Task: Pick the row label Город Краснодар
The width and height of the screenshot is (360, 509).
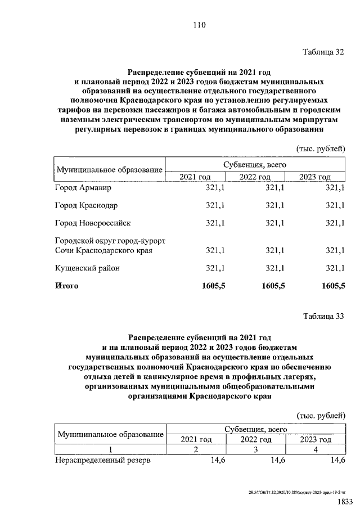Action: click(x=86, y=205)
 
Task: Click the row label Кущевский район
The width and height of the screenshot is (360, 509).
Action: click(x=87, y=268)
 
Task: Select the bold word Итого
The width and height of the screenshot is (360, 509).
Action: click(x=66, y=286)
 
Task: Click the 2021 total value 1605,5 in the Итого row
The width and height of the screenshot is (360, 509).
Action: click(x=213, y=286)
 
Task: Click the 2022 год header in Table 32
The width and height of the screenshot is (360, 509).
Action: click(x=255, y=177)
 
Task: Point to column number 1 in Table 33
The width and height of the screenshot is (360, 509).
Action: click(x=111, y=449)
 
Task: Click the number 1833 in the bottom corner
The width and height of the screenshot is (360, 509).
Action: click(x=344, y=501)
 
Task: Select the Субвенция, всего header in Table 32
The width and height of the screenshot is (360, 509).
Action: click(x=255, y=165)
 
